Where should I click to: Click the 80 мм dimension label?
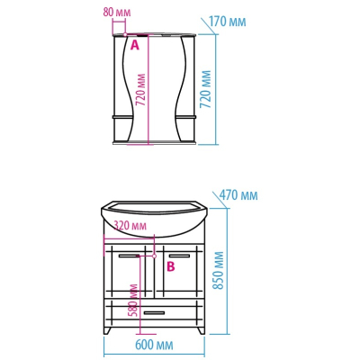117,13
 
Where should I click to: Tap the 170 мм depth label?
227,22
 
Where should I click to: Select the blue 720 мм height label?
206,89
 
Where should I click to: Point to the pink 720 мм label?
140,90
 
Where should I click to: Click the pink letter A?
135,45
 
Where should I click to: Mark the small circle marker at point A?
125,34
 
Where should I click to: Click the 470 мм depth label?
238,195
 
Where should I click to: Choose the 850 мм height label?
219,270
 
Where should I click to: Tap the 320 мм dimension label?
130,226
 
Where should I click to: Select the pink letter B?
171,266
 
